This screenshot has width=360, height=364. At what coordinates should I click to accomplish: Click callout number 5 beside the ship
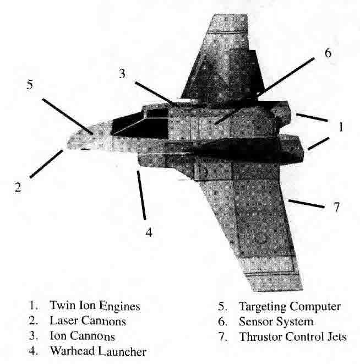pyautogui.click(x=30, y=86)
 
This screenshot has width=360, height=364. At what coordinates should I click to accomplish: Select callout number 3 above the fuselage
pyautogui.click(x=126, y=75)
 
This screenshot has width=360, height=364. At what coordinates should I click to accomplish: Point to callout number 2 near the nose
pyautogui.click(x=18, y=187)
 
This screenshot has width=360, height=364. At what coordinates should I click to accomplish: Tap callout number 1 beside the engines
pyautogui.click(x=341, y=127)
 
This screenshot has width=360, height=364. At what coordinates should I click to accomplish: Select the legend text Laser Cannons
pyautogui.click(x=88, y=320)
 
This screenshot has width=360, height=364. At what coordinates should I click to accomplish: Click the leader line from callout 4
pyautogui.click(x=143, y=195)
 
